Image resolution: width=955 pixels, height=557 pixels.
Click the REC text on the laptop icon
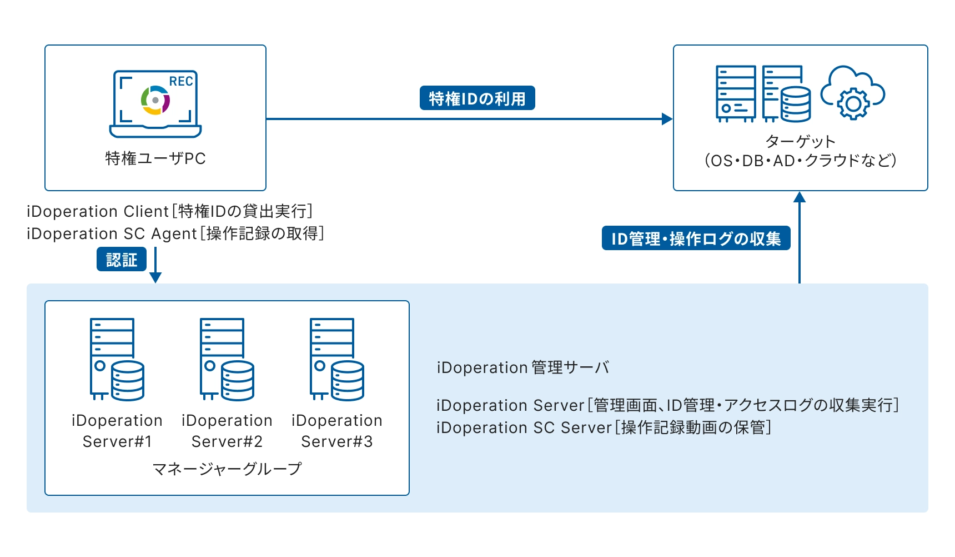point(181,81)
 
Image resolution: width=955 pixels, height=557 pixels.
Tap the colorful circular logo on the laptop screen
point(155,101)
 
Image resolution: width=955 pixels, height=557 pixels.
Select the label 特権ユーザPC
point(155,158)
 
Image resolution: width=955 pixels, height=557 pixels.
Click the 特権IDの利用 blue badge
point(477,98)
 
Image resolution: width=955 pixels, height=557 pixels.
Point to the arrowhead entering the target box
point(667,118)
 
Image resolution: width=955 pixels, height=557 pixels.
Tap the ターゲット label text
point(800,141)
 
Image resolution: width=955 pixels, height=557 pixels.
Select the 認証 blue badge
point(122,260)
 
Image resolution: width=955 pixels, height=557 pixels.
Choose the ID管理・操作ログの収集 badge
point(696,238)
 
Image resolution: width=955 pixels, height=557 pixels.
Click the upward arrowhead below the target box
point(800,197)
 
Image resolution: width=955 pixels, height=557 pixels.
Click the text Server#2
point(227,441)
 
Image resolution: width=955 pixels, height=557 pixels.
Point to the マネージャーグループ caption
point(227,469)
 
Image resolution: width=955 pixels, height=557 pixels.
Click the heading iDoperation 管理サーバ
point(522,367)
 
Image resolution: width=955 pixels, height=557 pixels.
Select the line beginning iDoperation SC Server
point(604,427)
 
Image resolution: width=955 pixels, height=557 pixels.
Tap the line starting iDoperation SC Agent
point(175,233)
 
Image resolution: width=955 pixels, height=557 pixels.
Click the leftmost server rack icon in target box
point(735,93)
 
